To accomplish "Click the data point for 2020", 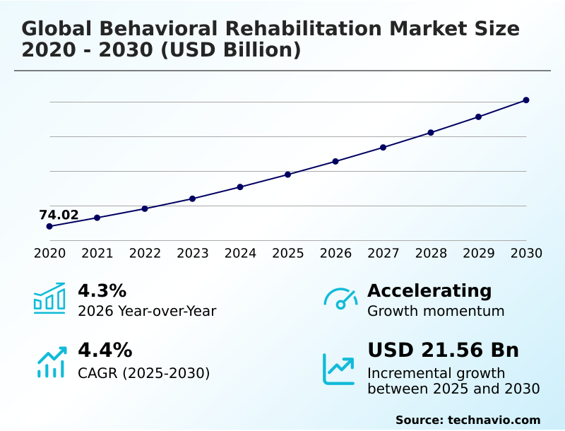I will click(49, 226).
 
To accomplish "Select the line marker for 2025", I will click(287, 175).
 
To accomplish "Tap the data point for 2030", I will click(526, 100).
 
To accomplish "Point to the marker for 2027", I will click(383, 148).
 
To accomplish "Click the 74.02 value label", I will click(59, 215).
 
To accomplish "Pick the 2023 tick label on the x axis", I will click(192, 254).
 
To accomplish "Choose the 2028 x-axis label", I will click(431, 254).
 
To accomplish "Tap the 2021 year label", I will click(97, 254).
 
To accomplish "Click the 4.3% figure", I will click(102, 290).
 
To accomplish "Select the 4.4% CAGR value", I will click(105, 350).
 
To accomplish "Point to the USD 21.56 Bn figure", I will click(443, 350).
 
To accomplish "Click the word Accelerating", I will click(429, 290).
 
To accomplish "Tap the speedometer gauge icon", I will click(340, 299).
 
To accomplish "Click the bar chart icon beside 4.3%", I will click(49, 298).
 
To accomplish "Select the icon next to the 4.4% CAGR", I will click(51, 362).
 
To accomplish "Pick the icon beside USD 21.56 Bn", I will click(339, 369).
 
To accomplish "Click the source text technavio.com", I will click(494, 420).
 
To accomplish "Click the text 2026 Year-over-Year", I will click(147, 311).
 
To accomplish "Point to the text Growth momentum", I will click(436, 311).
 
